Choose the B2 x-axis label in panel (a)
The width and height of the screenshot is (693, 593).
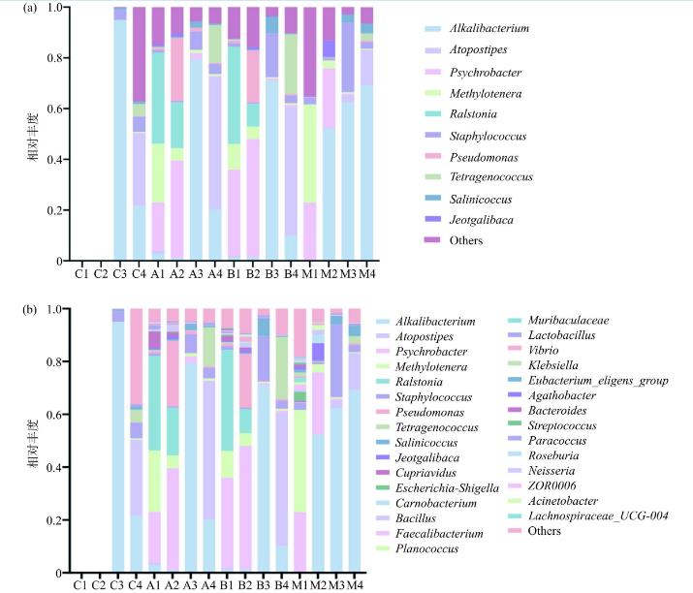click(254, 273)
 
